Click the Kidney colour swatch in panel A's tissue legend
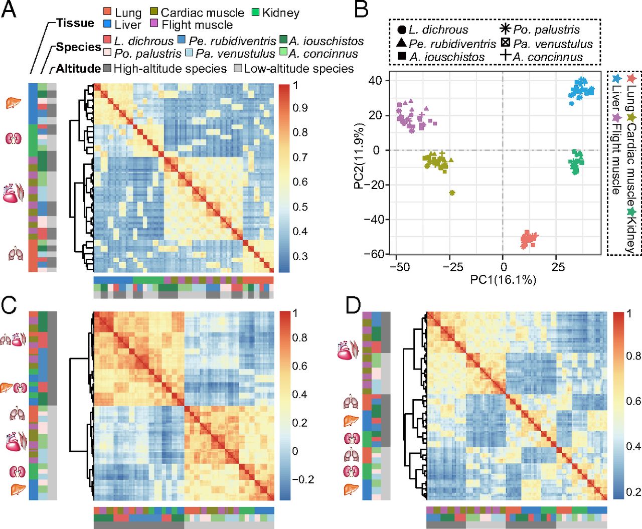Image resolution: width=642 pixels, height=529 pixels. point(256,13)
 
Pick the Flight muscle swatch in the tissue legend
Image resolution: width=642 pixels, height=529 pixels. point(154,25)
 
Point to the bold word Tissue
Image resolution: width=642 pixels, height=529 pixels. point(75,23)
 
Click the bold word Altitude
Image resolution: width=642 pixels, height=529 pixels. point(78,69)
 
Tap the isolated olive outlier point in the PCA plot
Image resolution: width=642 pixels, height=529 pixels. point(452,193)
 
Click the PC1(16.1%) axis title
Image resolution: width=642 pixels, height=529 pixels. point(503,280)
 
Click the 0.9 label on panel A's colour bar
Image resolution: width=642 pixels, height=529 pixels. point(300,108)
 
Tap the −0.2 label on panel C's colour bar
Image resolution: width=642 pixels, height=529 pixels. point(303,479)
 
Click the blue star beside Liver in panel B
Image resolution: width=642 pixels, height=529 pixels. point(617,79)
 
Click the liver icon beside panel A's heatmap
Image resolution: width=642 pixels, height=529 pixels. point(13,103)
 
